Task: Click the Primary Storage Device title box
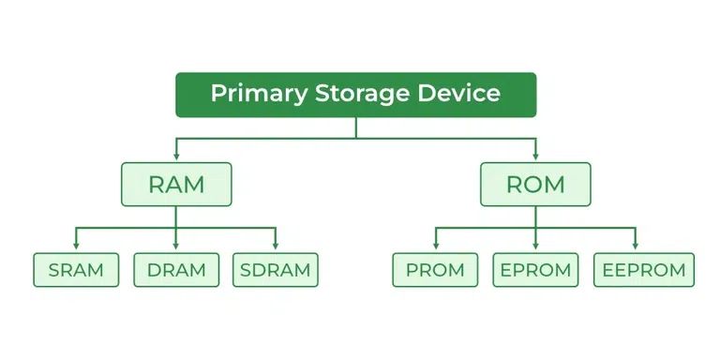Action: coord(356,95)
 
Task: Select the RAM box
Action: coord(176,185)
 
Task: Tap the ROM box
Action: coord(535,185)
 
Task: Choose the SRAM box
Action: coord(76,270)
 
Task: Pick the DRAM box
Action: coord(176,270)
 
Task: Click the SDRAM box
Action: coord(276,270)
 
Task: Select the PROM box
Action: coord(435,270)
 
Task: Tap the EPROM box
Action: coord(535,270)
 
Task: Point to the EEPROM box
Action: coord(644,270)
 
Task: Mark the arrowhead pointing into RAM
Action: coord(176,157)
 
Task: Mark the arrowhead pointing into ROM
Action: coord(535,157)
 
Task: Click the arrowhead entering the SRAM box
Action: coord(76,247)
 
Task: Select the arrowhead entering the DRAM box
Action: coord(176,247)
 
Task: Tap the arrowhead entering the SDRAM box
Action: coord(276,247)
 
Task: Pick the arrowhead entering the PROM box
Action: coord(435,247)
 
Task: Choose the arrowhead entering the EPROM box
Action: coord(535,247)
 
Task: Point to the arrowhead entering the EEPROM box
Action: coord(636,247)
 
